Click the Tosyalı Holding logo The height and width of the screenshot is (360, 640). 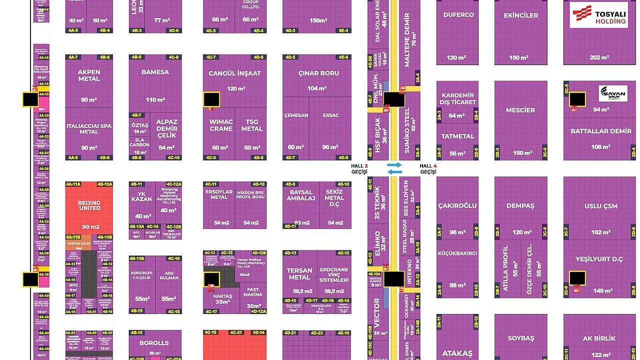(x=598, y=14)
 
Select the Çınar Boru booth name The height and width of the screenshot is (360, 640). (x=318, y=73)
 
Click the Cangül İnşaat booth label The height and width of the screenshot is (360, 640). (x=234, y=73)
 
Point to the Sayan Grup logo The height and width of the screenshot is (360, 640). (x=612, y=93)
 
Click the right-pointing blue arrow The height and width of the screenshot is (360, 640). (x=394, y=164)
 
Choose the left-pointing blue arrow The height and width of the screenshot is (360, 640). (x=394, y=172)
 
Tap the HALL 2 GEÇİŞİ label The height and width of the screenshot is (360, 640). (x=359, y=169)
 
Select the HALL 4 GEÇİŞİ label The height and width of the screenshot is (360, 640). (x=428, y=169)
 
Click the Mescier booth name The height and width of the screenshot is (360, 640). (x=520, y=110)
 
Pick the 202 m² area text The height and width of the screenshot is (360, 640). (x=599, y=57)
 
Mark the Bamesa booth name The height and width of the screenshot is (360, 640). (x=155, y=72)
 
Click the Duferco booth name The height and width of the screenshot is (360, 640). (x=458, y=14)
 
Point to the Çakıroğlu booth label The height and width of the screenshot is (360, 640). (x=457, y=205)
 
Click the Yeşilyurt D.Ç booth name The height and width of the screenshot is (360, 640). (x=599, y=259)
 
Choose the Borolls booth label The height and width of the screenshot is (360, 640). (x=155, y=343)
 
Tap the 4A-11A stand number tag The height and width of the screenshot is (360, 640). (x=73, y=184)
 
